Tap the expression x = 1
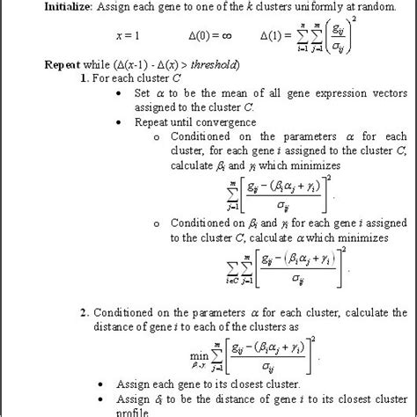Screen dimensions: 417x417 click(x=127, y=36)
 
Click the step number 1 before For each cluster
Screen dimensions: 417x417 click(x=83, y=78)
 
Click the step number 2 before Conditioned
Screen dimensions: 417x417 click(x=83, y=312)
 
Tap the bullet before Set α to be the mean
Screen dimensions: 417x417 click(x=120, y=92)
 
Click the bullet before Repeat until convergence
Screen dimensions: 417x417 click(x=120, y=121)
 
